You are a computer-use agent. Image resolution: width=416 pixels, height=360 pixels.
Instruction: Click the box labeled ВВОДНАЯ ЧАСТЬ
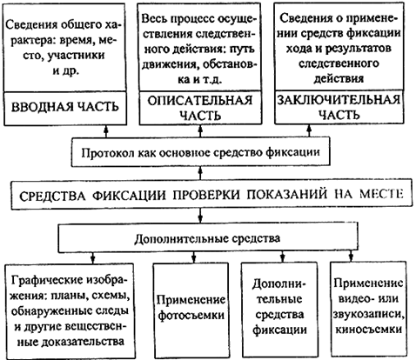click(x=65, y=109)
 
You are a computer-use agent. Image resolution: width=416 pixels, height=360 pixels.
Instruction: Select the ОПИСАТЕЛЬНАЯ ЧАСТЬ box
click(x=200, y=108)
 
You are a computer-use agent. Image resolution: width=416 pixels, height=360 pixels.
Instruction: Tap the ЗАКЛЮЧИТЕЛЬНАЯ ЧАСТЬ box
click(x=339, y=107)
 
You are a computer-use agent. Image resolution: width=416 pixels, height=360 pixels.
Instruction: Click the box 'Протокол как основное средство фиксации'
click(x=200, y=152)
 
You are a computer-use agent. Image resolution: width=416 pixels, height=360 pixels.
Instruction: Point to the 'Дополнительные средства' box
click(x=207, y=238)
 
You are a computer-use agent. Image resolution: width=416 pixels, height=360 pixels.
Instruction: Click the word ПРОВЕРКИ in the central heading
click(x=207, y=195)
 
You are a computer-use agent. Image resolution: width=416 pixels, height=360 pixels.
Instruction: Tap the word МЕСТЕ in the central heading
click(x=382, y=194)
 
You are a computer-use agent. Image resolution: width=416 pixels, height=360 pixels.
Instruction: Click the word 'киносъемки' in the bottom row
click(x=368, y=330)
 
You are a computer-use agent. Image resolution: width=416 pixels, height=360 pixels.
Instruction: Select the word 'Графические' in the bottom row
click(x=45, y=281)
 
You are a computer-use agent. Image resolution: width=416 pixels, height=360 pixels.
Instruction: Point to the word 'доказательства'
click(x=83, y=342)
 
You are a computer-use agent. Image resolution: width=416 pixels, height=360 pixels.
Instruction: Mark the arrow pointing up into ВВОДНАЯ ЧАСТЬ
click(x=106, y=131)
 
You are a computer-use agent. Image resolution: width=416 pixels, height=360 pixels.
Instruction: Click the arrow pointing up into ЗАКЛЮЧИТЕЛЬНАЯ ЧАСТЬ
click(x=309, y=130)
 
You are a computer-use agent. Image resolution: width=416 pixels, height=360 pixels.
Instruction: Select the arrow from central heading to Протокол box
click(x=200, y=173)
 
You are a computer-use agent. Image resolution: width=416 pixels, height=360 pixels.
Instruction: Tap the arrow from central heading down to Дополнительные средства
click(x=200, y=216)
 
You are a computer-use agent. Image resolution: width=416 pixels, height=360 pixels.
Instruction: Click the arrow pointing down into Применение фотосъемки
click(x=194, y=257)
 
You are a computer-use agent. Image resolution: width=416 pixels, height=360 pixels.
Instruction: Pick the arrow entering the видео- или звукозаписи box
click(x=352, y=257)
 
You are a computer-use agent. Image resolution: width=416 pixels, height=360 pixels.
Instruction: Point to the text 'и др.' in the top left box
click(x=65, y=70)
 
